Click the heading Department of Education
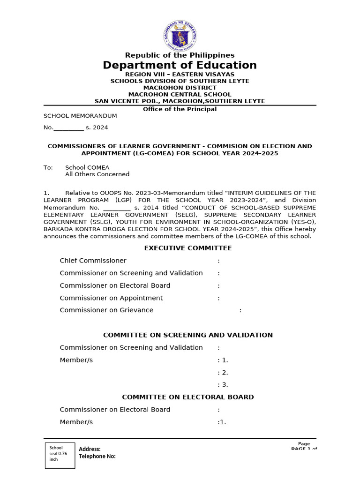pos(180,65)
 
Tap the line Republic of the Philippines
pos(180,55)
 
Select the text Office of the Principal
pos(180,109)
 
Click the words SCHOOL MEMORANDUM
pos(80,116)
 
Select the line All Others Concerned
pos(97,174)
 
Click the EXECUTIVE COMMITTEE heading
pos(187,248)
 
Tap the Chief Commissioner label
pos(93,261)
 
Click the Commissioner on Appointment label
pos(111,298)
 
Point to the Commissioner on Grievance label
pos(106,310)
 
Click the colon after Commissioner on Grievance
pos(240,310)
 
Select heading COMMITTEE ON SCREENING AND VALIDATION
pos(187,335)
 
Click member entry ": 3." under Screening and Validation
pos(223,385)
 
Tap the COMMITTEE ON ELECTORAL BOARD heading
pos(187,397)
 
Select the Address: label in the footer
pos(90,449)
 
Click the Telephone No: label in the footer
pos(97,457)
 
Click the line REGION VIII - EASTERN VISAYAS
pos(180,74)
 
